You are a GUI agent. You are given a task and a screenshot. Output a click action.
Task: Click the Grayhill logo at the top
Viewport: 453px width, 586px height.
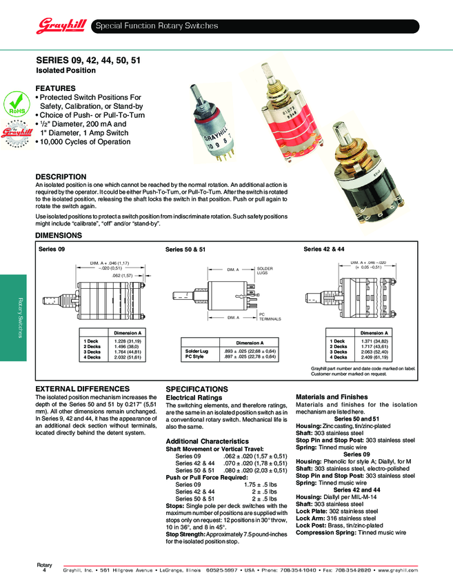click(x=60, y=26)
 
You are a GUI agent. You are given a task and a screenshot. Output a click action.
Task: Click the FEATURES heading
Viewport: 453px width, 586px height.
click(x=55, y=89)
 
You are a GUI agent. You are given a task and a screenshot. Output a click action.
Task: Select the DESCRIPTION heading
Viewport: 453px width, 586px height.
click(x=61, y=177)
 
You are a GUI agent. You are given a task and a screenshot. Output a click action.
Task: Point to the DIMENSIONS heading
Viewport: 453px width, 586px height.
click(x=59, y=236)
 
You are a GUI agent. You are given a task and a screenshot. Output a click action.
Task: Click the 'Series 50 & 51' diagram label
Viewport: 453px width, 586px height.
click(x=185, y=249)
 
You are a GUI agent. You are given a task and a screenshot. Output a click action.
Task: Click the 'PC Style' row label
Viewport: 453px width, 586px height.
click(x=194, y=356)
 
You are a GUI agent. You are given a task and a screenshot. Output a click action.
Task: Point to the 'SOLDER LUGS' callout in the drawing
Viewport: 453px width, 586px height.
click(x=266, y=271)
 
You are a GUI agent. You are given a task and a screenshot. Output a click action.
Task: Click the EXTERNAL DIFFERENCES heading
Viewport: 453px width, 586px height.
click(x=82, y=389)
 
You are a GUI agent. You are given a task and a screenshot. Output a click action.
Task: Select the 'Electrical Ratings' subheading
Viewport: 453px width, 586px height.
click(x=194, y=398)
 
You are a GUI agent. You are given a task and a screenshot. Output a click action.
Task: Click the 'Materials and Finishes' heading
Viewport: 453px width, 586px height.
click(x=332, y=396)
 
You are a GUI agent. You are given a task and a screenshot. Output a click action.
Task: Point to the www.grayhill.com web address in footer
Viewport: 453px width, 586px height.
click(x=398, y=571)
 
